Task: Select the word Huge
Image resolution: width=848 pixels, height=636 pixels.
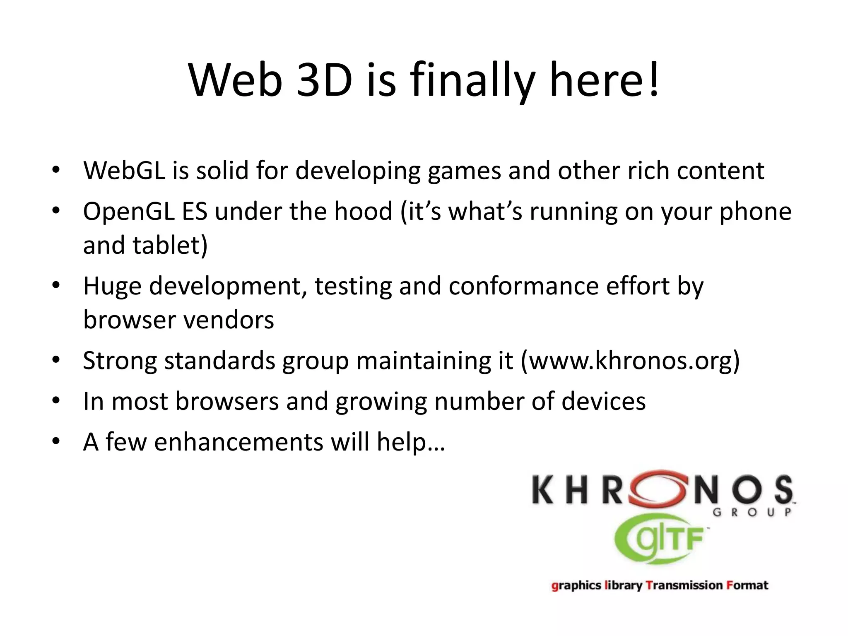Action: (x=112, y=287)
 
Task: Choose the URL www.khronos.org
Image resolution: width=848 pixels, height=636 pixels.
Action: (x=630, y=361)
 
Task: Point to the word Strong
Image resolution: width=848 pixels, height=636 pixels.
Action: (x=120, y=361)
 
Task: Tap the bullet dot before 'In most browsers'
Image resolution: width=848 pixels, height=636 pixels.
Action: (x=56, y=401)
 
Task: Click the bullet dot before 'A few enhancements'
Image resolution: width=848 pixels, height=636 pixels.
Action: (x=56, y=441)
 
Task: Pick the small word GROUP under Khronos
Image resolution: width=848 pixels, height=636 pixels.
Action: (x=752, y=513)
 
